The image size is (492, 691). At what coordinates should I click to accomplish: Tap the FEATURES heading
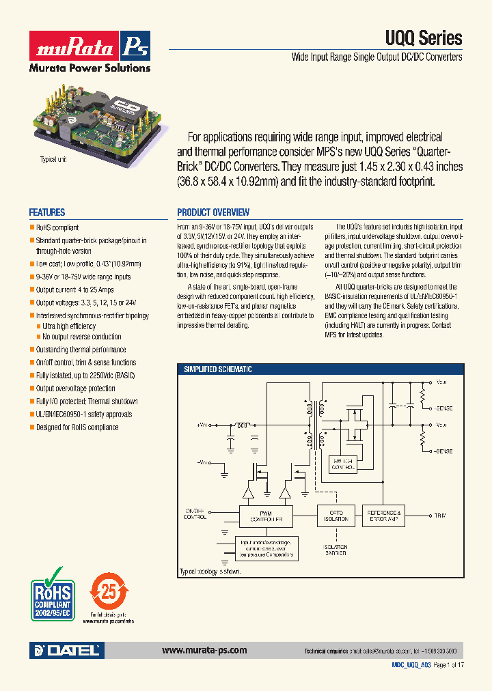point(47,212)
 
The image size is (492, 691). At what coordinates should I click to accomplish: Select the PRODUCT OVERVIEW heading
point(213,212)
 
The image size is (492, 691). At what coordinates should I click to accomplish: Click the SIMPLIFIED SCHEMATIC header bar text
point(218,369)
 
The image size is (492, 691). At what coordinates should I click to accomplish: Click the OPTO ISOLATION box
point(335,515)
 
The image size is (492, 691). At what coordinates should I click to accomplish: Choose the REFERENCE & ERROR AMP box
point(385,515)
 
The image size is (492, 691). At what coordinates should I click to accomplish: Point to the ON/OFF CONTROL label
point(196,513)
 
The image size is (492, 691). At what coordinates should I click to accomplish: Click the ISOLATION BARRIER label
point(336,550)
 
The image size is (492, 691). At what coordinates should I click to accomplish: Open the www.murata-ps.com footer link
point(204,651)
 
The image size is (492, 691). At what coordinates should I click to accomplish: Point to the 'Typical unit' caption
point(53,158)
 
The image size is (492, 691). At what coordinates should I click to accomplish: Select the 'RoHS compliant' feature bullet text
point(57,227)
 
